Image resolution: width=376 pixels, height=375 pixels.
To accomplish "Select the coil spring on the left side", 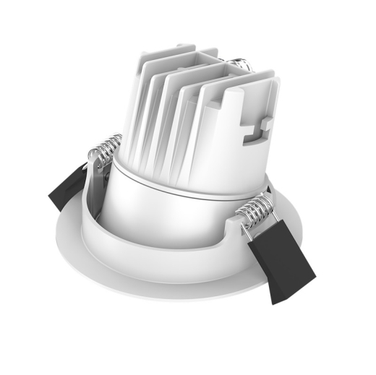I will click(103, 150).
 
